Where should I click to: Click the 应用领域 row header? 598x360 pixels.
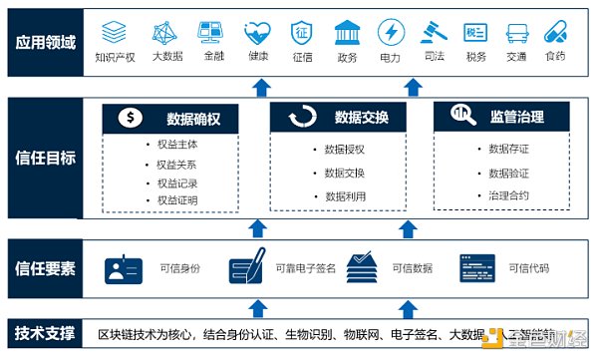(45, 43)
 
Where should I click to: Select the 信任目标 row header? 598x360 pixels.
(45, 157)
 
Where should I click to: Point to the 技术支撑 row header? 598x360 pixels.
(45, 332)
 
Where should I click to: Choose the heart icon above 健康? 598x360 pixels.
(256, 32)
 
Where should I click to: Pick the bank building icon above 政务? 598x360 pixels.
(347, 32)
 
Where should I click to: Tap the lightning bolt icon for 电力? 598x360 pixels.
(390, 32)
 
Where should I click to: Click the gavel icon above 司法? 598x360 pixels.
(432, 32)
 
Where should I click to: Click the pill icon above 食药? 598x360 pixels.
(555, 32)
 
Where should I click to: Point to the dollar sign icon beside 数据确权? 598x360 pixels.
(131, 118)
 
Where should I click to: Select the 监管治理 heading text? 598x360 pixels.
(517, 118)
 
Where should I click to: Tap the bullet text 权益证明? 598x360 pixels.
(177, 200)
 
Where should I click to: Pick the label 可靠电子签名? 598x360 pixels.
(304, 268)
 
